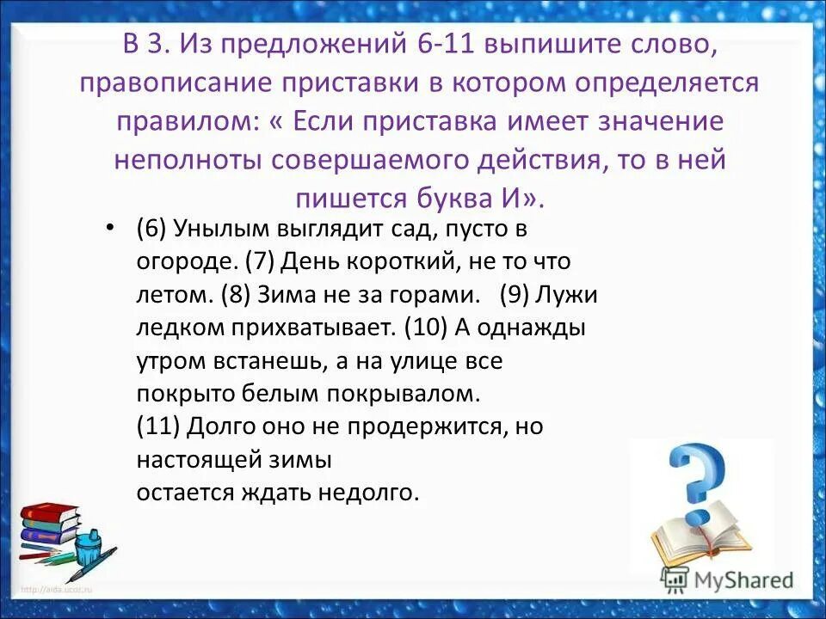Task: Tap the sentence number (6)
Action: pos(151,230)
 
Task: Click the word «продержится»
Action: pos(438,426)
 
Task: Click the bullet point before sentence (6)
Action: pos(108,227)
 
